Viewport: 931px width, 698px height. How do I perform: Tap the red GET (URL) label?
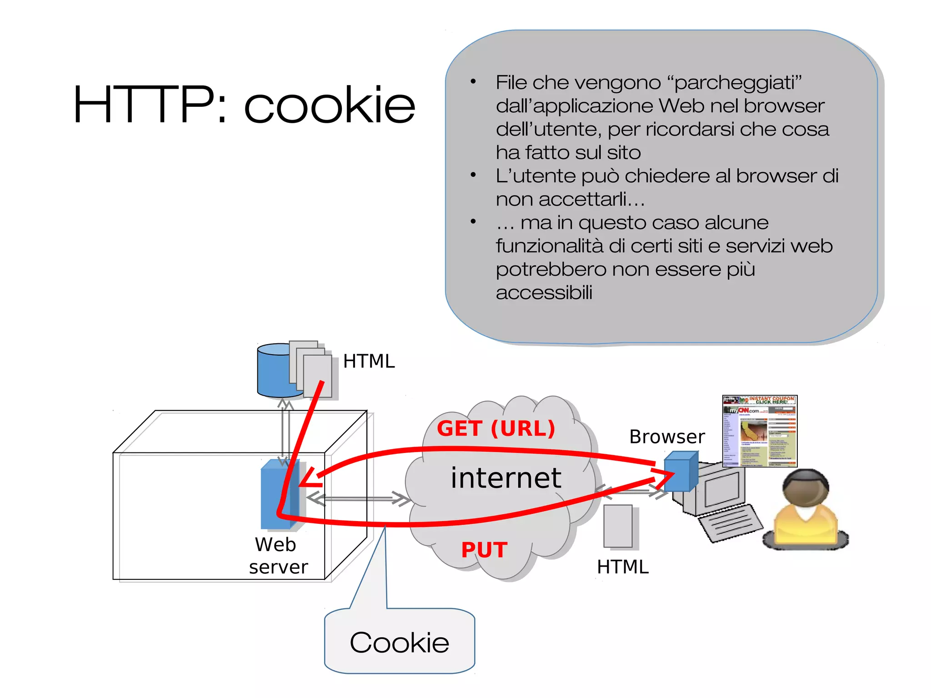pos(496,428)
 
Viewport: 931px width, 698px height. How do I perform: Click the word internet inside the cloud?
pos(506,478)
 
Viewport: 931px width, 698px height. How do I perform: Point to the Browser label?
pos(666,437)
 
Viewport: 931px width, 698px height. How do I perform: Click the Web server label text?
pos(278,556)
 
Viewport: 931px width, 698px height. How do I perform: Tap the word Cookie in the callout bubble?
pos(399,643)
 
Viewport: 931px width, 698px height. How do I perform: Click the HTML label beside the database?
pos(369,362)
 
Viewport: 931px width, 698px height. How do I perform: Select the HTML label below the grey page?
pos(622,567)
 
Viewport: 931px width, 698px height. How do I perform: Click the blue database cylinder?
pos(273,371)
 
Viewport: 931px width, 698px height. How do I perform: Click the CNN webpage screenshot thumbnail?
pos(759,431)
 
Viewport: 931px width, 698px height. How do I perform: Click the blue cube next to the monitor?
pos(680,472)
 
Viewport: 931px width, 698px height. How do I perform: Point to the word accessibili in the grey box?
pos(544,292)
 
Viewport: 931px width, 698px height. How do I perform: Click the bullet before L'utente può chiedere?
pos(473,175)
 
